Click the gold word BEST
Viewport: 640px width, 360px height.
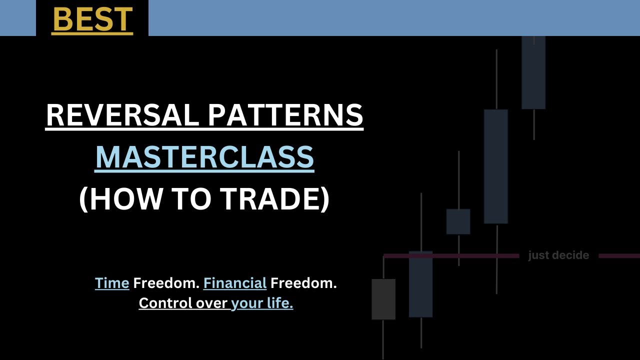click(92, 19)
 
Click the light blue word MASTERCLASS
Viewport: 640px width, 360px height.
click(204, 157)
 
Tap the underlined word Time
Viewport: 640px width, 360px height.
click(112, 283)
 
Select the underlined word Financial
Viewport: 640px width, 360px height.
click(234, 283)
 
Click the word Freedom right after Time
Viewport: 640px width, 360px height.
click(166, 283)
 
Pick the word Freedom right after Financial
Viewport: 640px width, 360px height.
click(303, 283)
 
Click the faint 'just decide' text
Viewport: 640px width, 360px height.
click(558, 255)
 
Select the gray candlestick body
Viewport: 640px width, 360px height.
click(383, 299)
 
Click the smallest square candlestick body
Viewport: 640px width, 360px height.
click(458, 221)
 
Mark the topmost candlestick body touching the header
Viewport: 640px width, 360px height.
click(533, 72)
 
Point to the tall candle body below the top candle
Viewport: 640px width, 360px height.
click(496, 166)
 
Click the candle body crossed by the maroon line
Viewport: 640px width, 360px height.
click(420, 284)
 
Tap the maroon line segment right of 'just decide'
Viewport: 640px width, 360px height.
click(619, 256)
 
